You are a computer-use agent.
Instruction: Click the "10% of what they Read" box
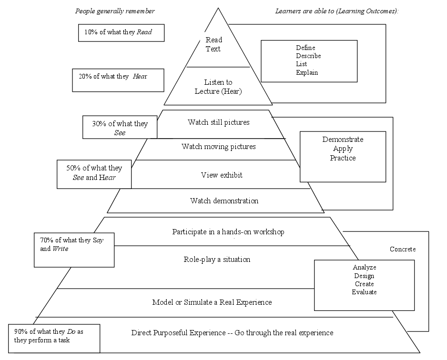121,33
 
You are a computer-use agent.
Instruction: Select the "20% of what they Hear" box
118,80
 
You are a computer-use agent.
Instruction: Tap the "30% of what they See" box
120,128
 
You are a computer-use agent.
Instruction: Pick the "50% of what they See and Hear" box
93,173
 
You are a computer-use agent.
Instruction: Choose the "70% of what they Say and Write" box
74,250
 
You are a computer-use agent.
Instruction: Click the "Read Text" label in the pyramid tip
213,44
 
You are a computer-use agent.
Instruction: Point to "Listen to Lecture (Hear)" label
218,87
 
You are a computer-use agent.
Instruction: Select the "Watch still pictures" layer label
218,122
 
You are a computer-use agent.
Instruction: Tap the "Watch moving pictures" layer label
218,147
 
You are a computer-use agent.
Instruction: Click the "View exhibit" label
222,175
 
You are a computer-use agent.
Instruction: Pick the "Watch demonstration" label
224,201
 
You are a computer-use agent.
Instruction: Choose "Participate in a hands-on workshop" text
228,232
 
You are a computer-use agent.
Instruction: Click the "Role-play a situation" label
217,260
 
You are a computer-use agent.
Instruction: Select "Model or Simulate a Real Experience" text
212,302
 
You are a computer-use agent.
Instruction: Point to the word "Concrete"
403,249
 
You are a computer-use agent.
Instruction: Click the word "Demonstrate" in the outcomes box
343,140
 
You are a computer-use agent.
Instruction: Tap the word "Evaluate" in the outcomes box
364,292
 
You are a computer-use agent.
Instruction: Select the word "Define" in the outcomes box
305,48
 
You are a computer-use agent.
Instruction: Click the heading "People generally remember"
115,11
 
